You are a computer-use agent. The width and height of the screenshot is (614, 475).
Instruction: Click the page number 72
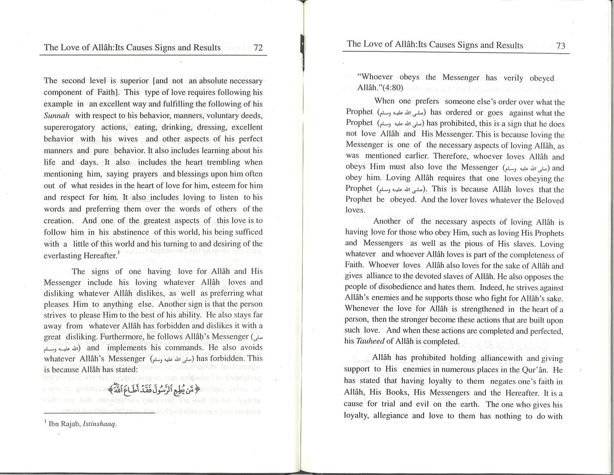tap(258, 48)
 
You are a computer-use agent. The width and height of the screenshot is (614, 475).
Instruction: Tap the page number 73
tap(561, 46)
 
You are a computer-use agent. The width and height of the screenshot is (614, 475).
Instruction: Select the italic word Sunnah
tap(57, 116)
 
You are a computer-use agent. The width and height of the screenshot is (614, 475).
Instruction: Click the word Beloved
tap(547, 200)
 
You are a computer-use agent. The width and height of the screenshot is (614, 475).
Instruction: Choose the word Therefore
tap(451, 156)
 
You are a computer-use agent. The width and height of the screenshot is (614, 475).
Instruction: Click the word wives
tap(127, 139)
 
